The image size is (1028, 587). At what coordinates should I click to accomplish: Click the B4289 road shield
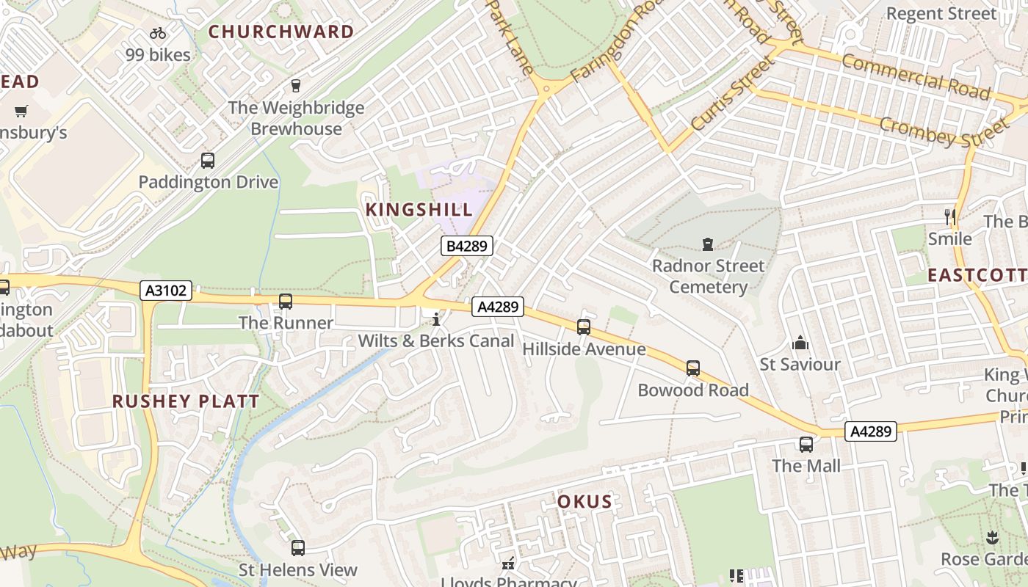466,246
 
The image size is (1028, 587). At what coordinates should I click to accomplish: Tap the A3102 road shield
166,291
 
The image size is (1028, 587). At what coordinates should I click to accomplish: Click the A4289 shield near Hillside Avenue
498,307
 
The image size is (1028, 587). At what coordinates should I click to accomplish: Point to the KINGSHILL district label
419,209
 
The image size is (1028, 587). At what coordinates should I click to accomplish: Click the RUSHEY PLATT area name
186,401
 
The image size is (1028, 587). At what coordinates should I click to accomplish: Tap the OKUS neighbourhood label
584,502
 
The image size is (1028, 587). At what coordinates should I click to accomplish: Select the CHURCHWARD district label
281,32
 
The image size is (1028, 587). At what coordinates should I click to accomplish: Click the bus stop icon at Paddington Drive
208,161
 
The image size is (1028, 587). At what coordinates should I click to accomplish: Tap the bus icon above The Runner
286,301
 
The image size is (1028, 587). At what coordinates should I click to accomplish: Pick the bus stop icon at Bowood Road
693,368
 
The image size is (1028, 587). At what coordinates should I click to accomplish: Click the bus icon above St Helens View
298,547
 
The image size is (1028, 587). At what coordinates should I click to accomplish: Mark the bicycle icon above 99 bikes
157,33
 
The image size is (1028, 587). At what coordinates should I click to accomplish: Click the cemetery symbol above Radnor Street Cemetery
708,244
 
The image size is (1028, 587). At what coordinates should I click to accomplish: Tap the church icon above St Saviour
800,343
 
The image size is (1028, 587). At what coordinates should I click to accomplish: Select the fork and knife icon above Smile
950,216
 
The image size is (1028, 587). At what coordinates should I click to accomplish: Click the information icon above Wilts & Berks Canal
436,319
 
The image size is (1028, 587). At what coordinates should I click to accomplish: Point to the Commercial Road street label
916,76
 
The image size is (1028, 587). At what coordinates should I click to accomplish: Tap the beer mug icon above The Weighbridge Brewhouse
296,86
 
